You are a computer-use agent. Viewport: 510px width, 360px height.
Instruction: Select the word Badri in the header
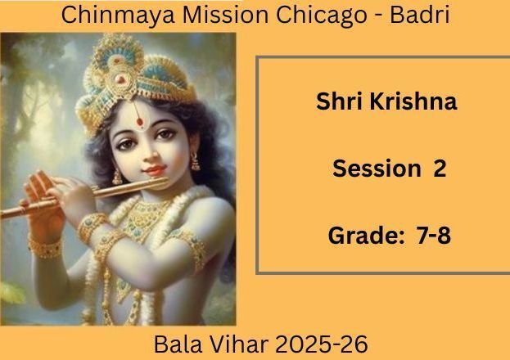coord(420,14)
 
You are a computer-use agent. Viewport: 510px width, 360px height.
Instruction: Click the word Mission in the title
coord(225,14)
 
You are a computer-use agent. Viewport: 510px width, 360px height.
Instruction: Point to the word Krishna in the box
coord(413,101)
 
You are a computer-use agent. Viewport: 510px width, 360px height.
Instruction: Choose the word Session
coord(377,169)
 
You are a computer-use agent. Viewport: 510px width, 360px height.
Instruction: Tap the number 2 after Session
coord(439,169)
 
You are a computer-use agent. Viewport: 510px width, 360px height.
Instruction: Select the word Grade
coord(366,236)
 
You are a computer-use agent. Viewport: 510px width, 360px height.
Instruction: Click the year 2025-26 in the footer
coord(322,344)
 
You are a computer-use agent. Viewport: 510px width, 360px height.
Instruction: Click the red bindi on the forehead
coord(139,122)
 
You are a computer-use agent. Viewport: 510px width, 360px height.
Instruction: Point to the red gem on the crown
coord(120,79)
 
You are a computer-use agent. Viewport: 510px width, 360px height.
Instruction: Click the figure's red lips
coord(155,170)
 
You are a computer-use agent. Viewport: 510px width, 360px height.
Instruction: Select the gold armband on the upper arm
coord(192,248)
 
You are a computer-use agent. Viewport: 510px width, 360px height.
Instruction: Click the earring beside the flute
coord(117,178)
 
